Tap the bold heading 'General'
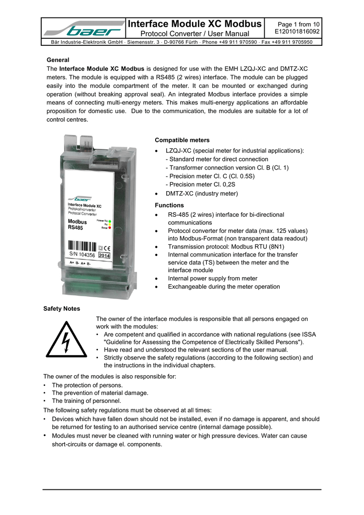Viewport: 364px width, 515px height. [58, 60]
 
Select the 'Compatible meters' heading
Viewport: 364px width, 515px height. [182, 140]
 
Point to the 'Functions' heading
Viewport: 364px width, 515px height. [169, 205]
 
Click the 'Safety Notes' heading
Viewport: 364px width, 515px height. [62, 308]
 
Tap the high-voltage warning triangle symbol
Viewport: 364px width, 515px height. [66, 340]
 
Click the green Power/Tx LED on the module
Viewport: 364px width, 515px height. [110, 221]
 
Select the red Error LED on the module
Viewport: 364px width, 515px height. [110, 228]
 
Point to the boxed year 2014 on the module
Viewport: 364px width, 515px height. [104, 255]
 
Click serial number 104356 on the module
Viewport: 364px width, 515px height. [86, 255]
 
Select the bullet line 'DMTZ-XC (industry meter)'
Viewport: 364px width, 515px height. [202, 194]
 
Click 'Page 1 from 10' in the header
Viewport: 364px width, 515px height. [299, 24]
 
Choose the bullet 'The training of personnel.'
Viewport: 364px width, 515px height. [86, 401]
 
